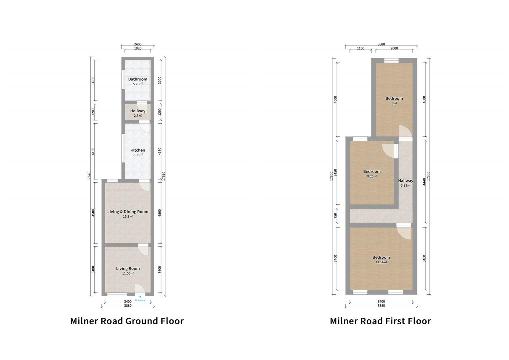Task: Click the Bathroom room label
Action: coord(138,79)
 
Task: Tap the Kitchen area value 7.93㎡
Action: coord(138,155)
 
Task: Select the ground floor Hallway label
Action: coord(138,111)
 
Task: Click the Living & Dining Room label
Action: coord(128,212)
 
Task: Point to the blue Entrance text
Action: coord(140,300)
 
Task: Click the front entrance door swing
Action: coord(140,289)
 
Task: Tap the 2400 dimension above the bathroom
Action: coord(138,44)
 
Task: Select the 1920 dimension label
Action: coord(138,48)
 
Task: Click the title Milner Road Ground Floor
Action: coord(127,321)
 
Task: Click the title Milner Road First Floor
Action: coord(380,321)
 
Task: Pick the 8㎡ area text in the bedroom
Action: coord(394,103)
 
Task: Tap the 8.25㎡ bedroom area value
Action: coord(372,176)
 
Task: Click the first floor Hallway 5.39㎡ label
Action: coord(405,183)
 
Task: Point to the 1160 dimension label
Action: coord(360,48)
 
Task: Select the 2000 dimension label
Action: coord(394,48)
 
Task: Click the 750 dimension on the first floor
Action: coord(335,216)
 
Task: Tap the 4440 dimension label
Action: coord(424,182)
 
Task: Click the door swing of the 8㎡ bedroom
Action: coord(404,131)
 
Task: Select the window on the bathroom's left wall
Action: coord(123,79)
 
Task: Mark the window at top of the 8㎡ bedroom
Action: coord(391,60)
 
